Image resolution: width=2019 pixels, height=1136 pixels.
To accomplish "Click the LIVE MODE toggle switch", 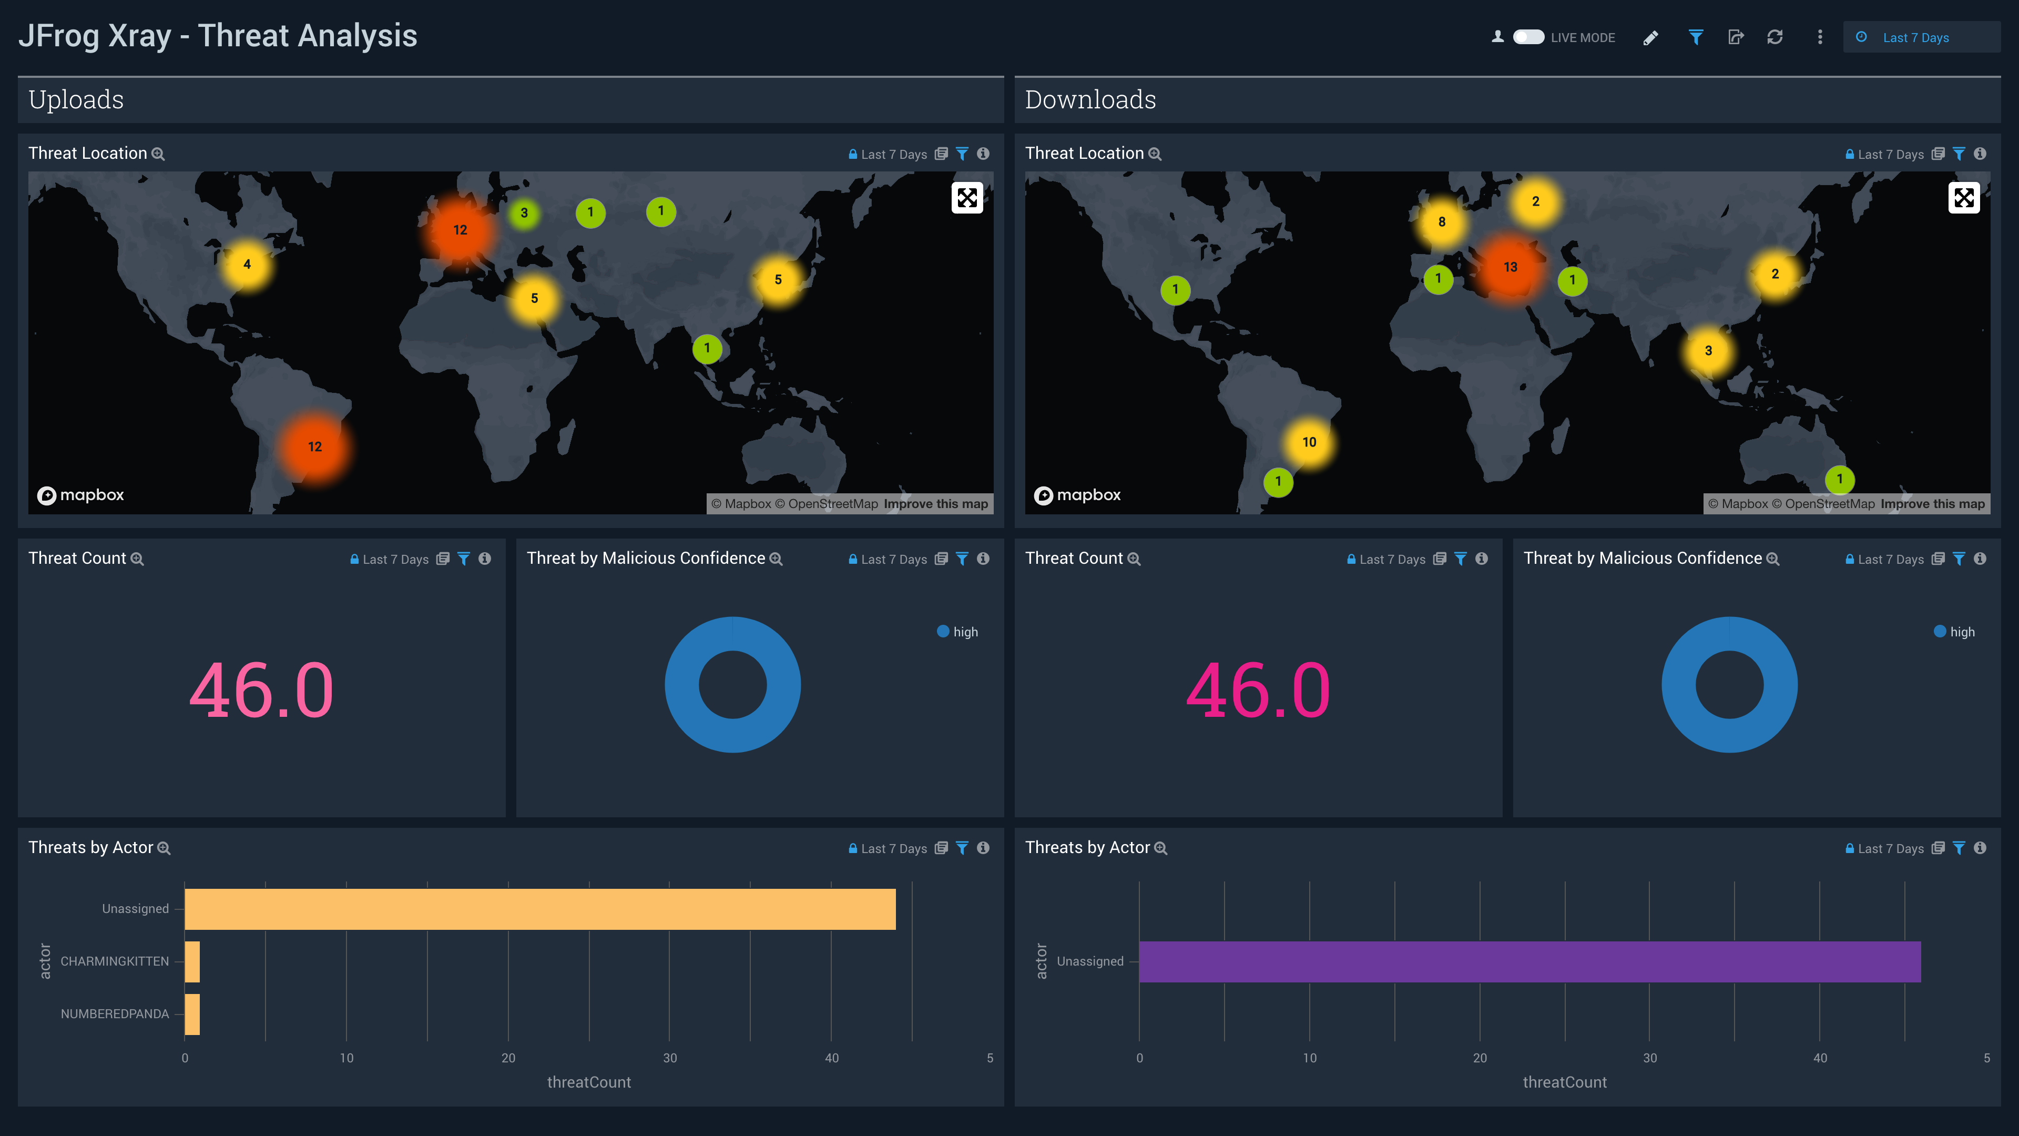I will (1527, 37).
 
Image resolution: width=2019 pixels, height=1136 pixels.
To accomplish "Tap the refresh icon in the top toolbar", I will (1775, 37).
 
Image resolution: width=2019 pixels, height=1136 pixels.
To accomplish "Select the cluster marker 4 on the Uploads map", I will (247, 264).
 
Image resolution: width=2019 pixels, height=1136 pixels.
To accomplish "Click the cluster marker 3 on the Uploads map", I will (524, 212).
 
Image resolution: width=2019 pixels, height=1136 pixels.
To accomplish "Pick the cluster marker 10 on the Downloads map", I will (1309, 442).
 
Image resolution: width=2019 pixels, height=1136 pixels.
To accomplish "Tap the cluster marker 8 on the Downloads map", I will (1441, 222).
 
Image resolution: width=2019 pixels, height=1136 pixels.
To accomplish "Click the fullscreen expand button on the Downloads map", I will (1963, 198).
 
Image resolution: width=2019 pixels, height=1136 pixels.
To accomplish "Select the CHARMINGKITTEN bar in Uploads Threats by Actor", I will (192, 961).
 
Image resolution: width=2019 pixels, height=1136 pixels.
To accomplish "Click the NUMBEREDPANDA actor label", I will (115, 1013).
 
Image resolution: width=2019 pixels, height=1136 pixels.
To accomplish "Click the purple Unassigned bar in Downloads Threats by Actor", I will (1529, 961).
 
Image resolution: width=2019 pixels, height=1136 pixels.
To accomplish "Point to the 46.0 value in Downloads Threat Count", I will (1258, 690).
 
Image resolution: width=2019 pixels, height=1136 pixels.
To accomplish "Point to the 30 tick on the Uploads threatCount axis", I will (670, 1058).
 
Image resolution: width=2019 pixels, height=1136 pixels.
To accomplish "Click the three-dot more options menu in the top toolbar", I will (1820, 37).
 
